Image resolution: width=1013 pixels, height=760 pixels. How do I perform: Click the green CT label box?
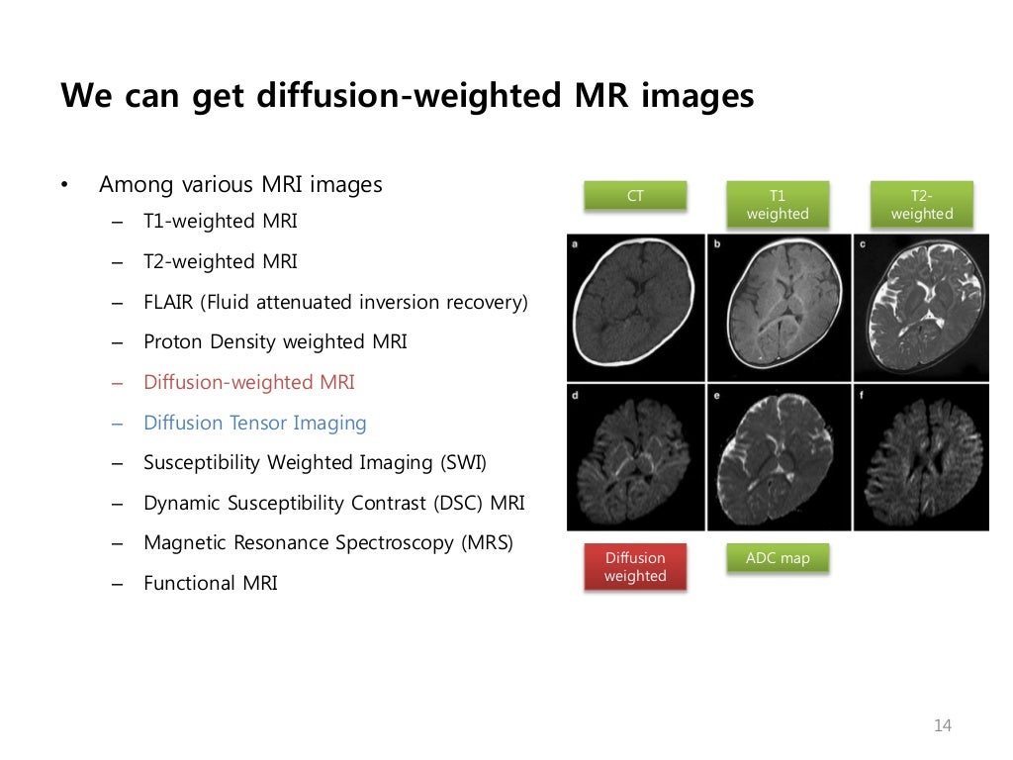pyautogui.click(x=635, y=196)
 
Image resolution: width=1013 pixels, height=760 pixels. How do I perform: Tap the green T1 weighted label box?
pyautogui.click(x=778, y=205)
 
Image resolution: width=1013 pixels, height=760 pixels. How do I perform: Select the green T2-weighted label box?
pyautogui.click(x=921, y=205)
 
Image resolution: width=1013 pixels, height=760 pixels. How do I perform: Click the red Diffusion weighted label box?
pyautogui.click(x=635, y=567)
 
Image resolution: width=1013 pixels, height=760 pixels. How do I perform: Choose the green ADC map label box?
pyautogui.click(x=778, y=558)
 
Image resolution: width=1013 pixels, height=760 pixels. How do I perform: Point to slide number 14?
pyautogui.click(x=942, y=726)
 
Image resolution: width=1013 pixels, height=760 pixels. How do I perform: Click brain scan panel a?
pyautogui.click(x=636, y=308)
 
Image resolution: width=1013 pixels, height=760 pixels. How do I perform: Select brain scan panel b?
pyautogui.click(x=779, y=308)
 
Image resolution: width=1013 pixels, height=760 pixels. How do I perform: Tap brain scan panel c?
pyautogui.click(x=921, y=308)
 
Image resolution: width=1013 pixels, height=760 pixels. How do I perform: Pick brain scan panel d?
pyautogui.click(x=636, y=457)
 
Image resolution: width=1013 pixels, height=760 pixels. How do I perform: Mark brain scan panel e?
pyautogui.click(x=779, y=457)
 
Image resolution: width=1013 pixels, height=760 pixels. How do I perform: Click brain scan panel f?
pyautogui.click(x=921, y=457)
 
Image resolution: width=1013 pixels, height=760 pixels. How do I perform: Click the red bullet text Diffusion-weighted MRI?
pyautogui.click(x=248, y=382)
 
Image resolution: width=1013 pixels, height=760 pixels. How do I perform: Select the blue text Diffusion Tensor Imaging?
pyautogui.click(x=254, y=423)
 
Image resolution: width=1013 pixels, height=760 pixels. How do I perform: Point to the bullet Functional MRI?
pyautogui.click(x=210, y=583)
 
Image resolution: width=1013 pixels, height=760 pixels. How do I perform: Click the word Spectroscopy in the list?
pyautogui.click(x=398, y=543)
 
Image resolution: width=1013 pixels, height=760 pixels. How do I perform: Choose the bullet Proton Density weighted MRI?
pyautogui.click(x=275, y=341)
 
